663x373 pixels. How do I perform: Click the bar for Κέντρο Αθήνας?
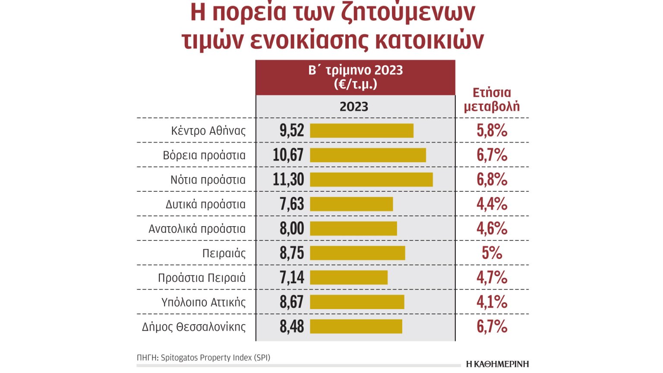click(362, 131)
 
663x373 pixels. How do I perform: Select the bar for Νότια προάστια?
click(371, 180)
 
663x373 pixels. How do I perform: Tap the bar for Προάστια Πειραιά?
click(349, 278)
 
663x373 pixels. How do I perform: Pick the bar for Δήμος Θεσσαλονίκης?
click(356, 326)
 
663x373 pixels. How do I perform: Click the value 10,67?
click(288, 155)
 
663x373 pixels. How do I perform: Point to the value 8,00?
click(292, 228)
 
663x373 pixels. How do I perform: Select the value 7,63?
click(292, 204)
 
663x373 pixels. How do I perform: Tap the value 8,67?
click(292, 302)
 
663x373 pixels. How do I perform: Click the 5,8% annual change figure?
click(492, 130)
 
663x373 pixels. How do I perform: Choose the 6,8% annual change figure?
click(492, 180)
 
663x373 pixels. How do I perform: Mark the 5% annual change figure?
click(492, 253)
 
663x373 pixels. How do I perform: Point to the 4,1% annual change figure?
click(492, 302)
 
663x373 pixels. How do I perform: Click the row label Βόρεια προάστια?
click(204, 155)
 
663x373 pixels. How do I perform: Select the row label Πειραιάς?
click(224, 253)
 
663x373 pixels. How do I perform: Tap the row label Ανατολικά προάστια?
click(197, 229)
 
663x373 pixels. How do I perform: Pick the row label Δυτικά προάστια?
click(205, 204)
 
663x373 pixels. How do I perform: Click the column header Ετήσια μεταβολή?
click(492, 99)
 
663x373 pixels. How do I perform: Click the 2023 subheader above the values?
click(354, 107)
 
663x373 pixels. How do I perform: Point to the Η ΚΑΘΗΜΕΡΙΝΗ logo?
click(497, 364)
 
